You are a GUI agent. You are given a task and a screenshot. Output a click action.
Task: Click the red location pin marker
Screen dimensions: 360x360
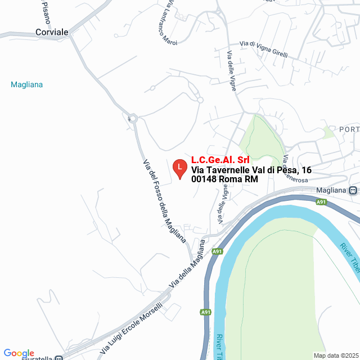(179, 168)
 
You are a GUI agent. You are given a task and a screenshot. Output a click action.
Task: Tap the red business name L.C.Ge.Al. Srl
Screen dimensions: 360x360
(220, 160)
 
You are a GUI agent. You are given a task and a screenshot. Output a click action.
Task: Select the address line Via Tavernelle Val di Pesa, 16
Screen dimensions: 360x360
(251, 170)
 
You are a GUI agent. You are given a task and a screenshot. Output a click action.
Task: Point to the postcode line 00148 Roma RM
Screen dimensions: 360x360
(224, 179)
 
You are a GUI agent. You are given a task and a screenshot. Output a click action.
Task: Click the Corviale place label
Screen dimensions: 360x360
(52, 32)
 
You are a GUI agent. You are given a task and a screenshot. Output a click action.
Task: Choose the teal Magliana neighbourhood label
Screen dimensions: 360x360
(27, 85)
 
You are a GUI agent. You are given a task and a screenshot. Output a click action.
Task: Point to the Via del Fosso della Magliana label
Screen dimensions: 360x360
(164, 200)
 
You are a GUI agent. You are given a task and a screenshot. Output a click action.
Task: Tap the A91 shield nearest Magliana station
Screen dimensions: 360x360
(321, 202)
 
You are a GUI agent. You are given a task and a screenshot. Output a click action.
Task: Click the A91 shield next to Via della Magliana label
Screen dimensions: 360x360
(217, 251)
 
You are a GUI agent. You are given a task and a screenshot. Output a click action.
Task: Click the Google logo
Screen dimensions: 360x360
(19, 353)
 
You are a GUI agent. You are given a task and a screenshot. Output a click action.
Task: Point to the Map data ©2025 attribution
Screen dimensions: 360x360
(335, 355)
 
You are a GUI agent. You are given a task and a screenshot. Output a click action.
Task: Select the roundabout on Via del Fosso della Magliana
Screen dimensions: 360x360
(133, 118)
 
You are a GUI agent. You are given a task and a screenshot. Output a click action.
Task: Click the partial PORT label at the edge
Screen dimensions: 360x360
(349, 129)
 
